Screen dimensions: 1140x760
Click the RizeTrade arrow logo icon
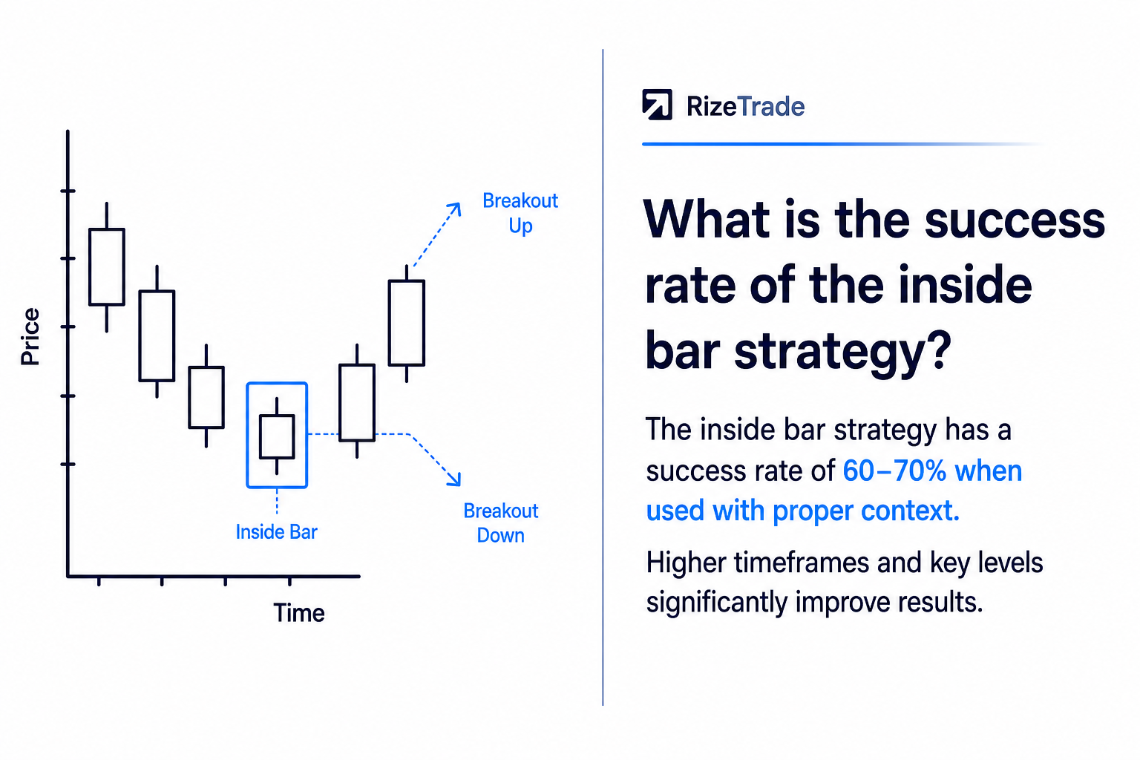click(657, 105)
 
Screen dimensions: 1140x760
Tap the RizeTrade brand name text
click(745, 106)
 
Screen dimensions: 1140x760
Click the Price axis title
click(30, 336)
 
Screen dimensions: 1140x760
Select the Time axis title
click(299, 613)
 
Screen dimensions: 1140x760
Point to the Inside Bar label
click(276, 532)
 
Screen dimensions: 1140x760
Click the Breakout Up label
click(520, 213)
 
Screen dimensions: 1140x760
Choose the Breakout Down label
click(501, 523)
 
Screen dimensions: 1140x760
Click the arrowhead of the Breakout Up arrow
click(456, 208)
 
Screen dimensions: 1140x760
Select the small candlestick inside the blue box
click(277, 436)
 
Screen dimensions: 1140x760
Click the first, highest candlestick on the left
click(107, 267)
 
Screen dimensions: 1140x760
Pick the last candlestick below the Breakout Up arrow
click(407, 324)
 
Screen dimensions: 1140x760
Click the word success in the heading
click(1015, 220)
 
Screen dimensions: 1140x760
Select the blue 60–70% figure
click(894, 471)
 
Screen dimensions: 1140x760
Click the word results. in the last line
click(940, 603)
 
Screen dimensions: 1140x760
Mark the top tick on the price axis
click(68, 191)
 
